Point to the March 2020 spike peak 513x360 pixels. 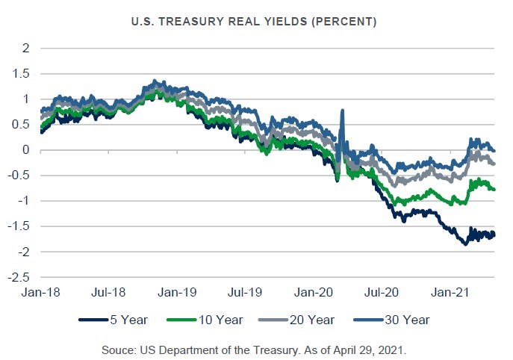tap(342, 111)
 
